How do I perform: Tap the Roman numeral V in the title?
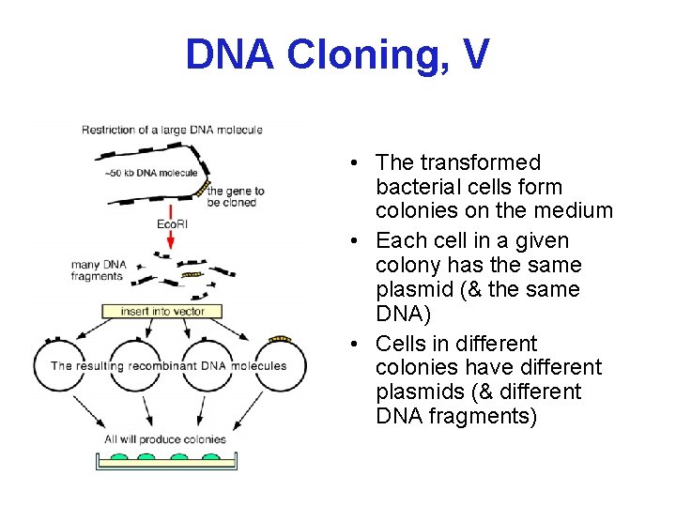[475, 54]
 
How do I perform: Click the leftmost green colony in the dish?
[119, 459]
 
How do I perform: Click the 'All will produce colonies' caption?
[166, 438]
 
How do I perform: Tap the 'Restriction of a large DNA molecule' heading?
[172, 130]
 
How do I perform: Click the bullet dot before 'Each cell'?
[349, 241]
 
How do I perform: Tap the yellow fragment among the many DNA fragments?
[192, 275]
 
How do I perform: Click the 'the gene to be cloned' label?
[236, 196]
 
